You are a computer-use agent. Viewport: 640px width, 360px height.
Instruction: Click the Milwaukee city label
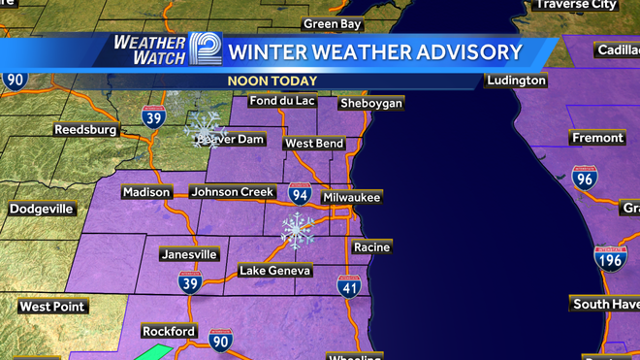352,197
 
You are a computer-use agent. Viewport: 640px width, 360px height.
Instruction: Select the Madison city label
146,192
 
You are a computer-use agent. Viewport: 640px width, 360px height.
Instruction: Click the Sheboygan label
370,103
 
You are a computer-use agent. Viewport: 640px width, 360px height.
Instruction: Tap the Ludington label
517,80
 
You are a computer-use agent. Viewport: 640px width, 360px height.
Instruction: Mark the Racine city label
371,247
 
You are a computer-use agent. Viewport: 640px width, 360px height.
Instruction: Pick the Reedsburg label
85,129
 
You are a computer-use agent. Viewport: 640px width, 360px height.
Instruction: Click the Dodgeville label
41,209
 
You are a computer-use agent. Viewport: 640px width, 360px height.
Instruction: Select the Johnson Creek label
233,192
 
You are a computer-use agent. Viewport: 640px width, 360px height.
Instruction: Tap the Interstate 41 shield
350,286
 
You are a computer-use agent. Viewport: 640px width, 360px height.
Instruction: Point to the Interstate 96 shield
584,178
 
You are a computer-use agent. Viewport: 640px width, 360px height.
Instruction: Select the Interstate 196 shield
608,257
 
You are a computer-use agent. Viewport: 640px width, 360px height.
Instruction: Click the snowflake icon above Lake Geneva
298,230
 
